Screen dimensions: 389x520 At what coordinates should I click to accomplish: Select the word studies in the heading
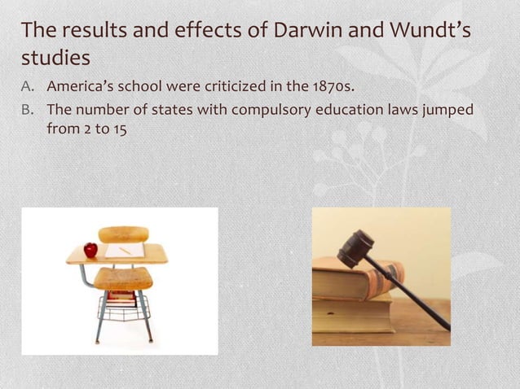click(55, 59)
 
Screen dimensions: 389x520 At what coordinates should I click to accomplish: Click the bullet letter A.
click(28, 86)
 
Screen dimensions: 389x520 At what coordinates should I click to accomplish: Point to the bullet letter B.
click(28, 109)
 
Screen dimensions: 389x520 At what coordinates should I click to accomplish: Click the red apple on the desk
click(90, 249)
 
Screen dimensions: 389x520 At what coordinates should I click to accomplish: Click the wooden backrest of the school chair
click(123, 234)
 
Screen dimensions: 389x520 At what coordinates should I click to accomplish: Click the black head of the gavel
click(355, 248)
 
